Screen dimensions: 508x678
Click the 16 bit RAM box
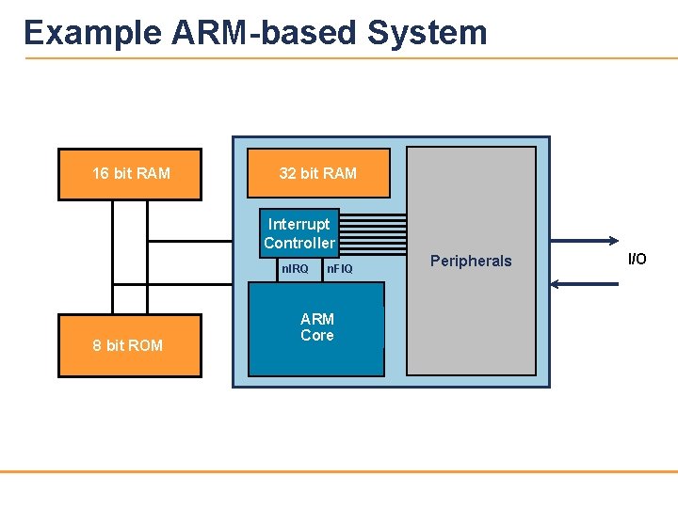[x=130, y=174]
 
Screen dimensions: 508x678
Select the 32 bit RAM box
[x=318, y=173]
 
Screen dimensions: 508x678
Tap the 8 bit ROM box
[x=129, y=345]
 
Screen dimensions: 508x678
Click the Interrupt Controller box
[x=299, y=233]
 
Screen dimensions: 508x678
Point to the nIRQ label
[x=295, y=270]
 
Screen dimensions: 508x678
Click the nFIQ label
[x=339, y=270]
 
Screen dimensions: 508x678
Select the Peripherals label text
[x=471, y=261]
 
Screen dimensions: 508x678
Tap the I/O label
[x=638, y=259]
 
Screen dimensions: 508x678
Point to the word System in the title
[x=428, y=33]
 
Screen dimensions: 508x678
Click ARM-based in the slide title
[x=265, y=33]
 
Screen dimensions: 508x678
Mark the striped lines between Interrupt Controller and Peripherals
[x=372, y=232]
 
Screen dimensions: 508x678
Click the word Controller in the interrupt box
[x=299, y=243]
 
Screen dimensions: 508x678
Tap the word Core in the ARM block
[x=317, y=336]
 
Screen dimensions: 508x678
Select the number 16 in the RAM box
[x=100, y=174]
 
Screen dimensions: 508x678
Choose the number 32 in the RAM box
[x=288, y=173]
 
